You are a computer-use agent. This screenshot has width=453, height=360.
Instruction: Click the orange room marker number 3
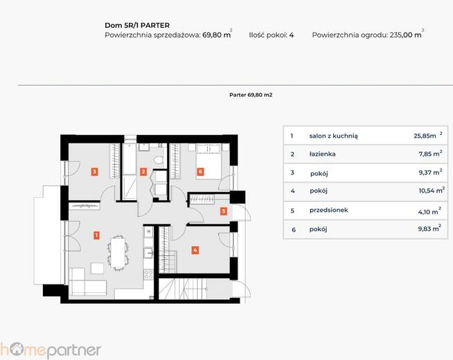click(94, 172)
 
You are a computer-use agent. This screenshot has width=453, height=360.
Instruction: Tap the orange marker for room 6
click(200, 172)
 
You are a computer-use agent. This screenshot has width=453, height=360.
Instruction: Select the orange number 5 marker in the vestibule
click(223, 211)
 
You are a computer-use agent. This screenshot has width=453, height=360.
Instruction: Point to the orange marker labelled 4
click(195, 250)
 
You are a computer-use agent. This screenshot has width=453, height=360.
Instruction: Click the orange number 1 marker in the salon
click(96, 235)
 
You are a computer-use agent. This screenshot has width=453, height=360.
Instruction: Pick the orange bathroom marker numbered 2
click(143, 172)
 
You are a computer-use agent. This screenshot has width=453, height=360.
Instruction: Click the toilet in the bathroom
click(159, 160)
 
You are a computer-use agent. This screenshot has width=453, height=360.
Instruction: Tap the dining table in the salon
click(118, 253)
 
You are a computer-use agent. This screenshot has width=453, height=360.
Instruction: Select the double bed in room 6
click(208, 162)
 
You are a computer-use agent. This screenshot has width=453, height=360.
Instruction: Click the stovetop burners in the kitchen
click(148, 274)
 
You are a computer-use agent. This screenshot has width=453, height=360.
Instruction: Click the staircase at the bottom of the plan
click(183, 289)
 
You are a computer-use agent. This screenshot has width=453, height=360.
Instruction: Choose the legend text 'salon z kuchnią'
click(333, 136)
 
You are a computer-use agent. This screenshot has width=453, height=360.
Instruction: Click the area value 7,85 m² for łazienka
click(430, 154)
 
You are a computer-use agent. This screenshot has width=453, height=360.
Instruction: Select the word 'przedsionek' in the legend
click(329, 210)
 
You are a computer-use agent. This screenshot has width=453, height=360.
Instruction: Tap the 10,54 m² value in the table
click(432, 190)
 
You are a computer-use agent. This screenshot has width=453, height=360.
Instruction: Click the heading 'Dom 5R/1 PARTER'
click(137, 26)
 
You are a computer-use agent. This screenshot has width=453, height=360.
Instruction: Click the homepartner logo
click(51, 350)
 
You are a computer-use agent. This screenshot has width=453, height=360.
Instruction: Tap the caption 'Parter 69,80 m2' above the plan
click(251, 95)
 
